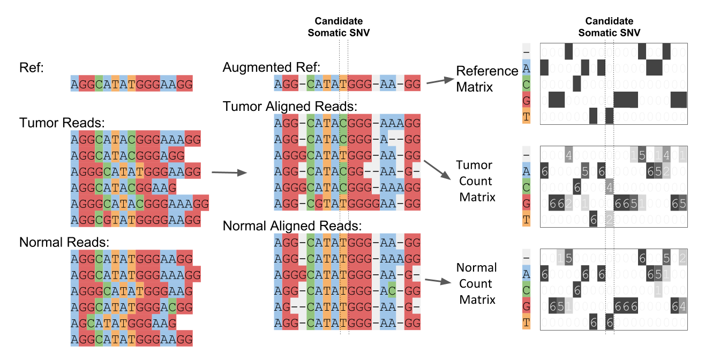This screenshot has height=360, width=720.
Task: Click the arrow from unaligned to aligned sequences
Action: pos(229,172)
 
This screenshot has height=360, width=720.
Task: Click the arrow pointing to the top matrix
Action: pos(440,81)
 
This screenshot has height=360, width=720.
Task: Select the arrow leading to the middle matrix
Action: pos(438,170)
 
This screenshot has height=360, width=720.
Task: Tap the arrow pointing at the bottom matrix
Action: pos(438,281)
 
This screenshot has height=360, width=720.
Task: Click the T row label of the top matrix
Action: pos(527,116)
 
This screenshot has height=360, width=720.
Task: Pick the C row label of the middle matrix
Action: pos(527,187)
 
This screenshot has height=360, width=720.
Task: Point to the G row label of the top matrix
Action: pos(527,100)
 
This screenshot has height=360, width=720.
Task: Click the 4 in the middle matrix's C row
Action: pos(610,187)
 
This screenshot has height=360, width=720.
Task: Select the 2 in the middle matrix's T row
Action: pos(610,220)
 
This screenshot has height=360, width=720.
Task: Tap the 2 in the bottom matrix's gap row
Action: pos(683,258)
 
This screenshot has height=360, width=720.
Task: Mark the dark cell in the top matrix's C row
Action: pos(576,84)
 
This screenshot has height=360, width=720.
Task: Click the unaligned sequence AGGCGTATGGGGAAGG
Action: pos(136,220)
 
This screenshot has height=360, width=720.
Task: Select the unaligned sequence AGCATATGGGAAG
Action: pos(123,324)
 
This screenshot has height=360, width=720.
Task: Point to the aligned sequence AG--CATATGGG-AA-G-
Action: pos(347,307)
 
